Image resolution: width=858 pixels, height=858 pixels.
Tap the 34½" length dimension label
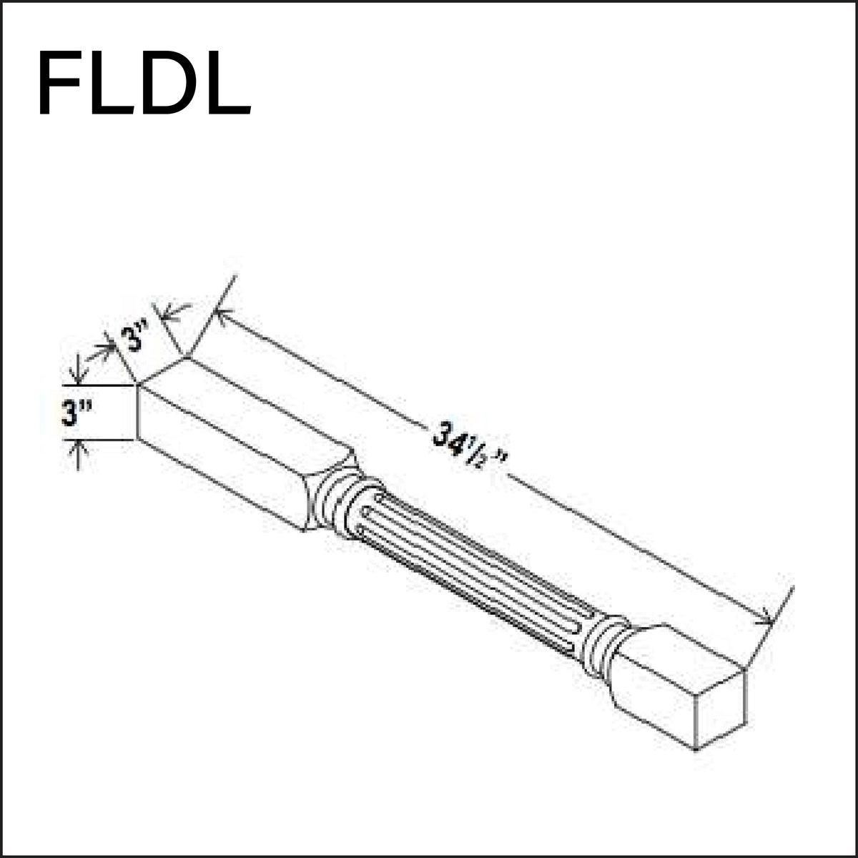[468, 450]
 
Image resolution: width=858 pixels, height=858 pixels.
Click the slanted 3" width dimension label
[134, 336]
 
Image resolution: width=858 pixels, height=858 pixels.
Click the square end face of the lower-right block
[721, 708]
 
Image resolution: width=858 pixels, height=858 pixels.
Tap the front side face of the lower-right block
[654, 708]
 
